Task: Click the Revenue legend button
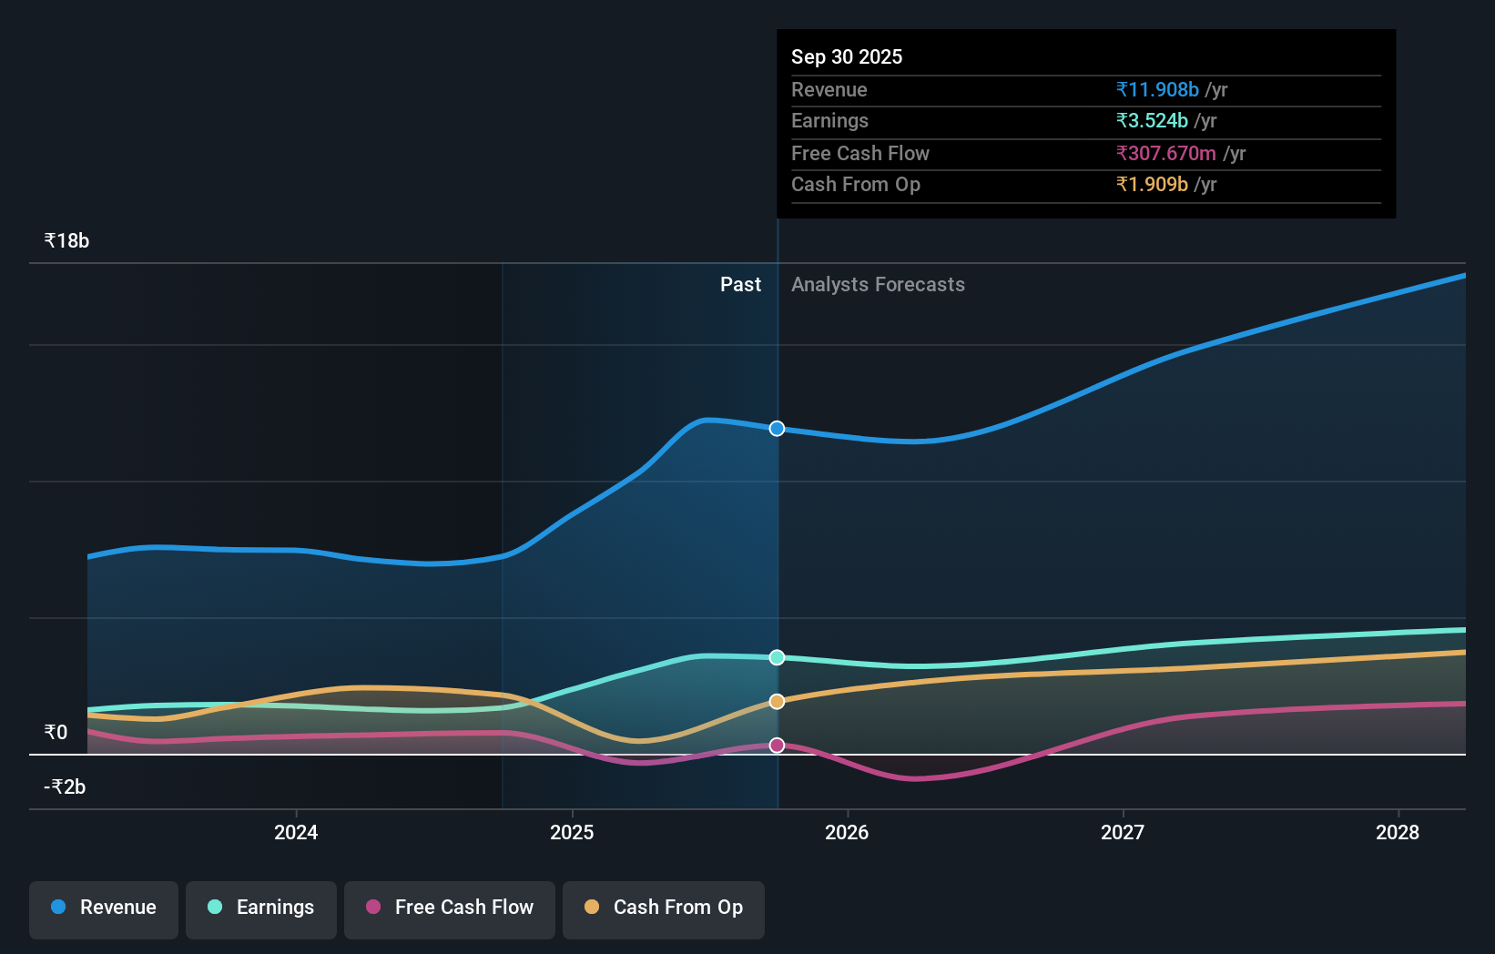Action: click(x=104, y=908)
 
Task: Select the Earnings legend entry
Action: click(x=261, y=908)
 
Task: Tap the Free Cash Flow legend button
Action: click(x=450, y=908)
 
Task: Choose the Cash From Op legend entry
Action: click(x=664, y=908)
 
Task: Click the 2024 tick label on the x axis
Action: click(x=296, y=833)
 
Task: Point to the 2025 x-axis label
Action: click(x=572, y=833)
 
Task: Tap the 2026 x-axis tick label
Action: click(x=847, y=833)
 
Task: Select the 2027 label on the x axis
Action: click(x=1123, y=833)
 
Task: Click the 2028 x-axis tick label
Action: click(x=1398, y=833)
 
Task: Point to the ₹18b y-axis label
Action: click(x=66, y=241)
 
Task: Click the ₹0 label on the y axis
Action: click(x=56, y=733)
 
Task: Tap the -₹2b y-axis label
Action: click(x=65, y=787)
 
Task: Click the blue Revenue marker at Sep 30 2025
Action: click(x=777, y=429)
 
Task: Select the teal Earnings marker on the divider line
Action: click(x=777, y=657)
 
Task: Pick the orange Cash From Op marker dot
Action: click(x=777, y=702)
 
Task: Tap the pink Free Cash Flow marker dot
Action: click(x=777, y=746)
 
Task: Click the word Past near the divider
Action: click(x=740, y=285)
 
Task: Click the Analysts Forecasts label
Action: click(x=878, y=285)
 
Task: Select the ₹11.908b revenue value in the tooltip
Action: click(x=1157, y=90)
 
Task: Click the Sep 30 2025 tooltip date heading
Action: click(x=847, y=57)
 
